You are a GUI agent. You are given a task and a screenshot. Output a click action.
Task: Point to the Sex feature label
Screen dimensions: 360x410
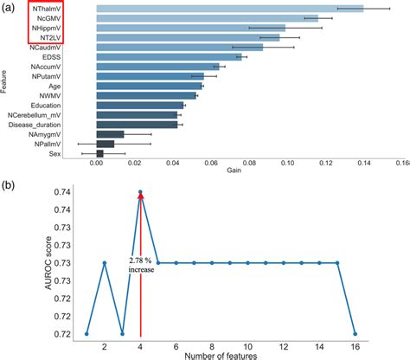tap(54, 154)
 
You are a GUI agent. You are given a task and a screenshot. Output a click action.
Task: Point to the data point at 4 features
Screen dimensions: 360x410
tap(140, 192)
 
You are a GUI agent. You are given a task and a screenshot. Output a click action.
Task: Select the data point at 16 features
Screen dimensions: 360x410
tap(356, 333)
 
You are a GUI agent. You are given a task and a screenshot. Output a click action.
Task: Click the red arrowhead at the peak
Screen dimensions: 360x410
tap(140, 197)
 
